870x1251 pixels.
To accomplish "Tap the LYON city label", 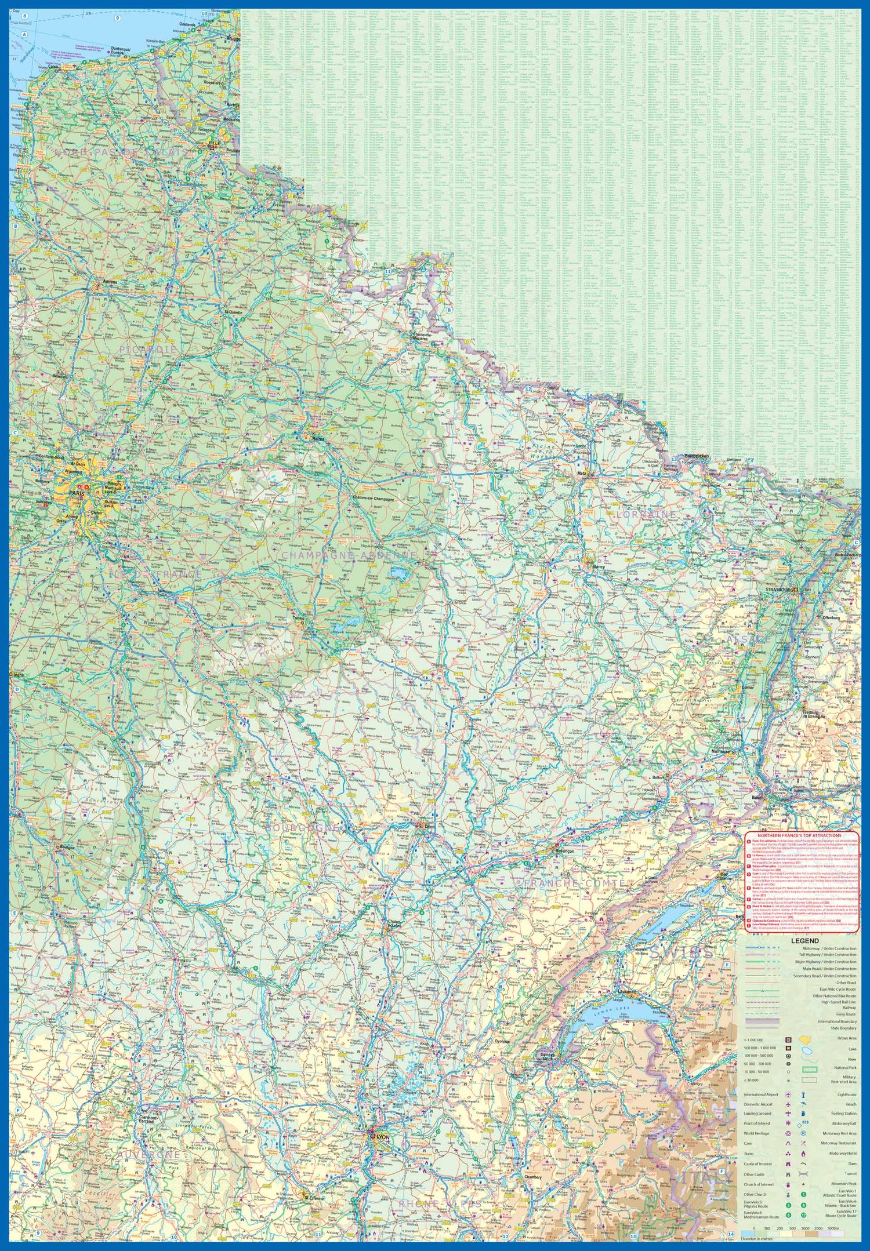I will click(383, 1137).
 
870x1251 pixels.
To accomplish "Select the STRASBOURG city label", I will click(779, 590).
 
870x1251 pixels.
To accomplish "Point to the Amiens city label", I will click(110, 282).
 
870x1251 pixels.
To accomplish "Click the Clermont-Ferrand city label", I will click(146, 1119).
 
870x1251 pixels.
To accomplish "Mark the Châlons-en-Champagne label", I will click(373, 499).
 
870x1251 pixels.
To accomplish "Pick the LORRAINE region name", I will click(647, 514).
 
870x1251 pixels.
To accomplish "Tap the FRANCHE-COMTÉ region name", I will click(574, 883).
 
